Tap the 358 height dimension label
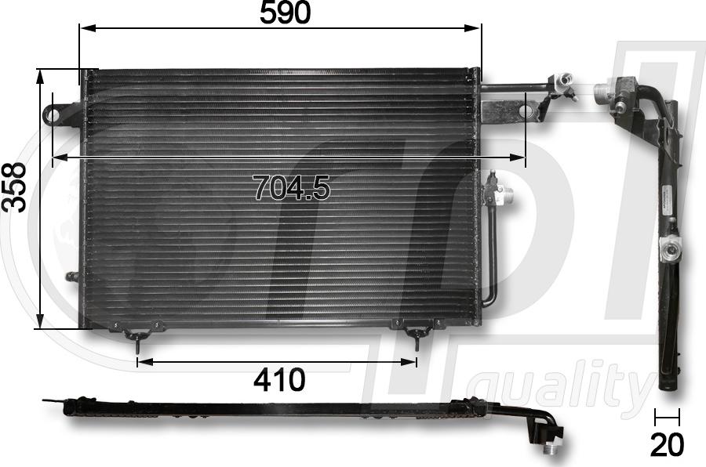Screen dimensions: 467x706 coord(15,187)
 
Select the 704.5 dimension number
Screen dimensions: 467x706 coord(292,187)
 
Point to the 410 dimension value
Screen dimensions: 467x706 coord(279,380)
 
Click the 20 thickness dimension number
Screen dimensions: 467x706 coord(667,444)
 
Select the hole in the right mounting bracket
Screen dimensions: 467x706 coord(526,112)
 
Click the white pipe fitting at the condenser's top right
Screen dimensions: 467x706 coord(563,81)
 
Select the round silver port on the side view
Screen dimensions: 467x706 coord(671,251)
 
